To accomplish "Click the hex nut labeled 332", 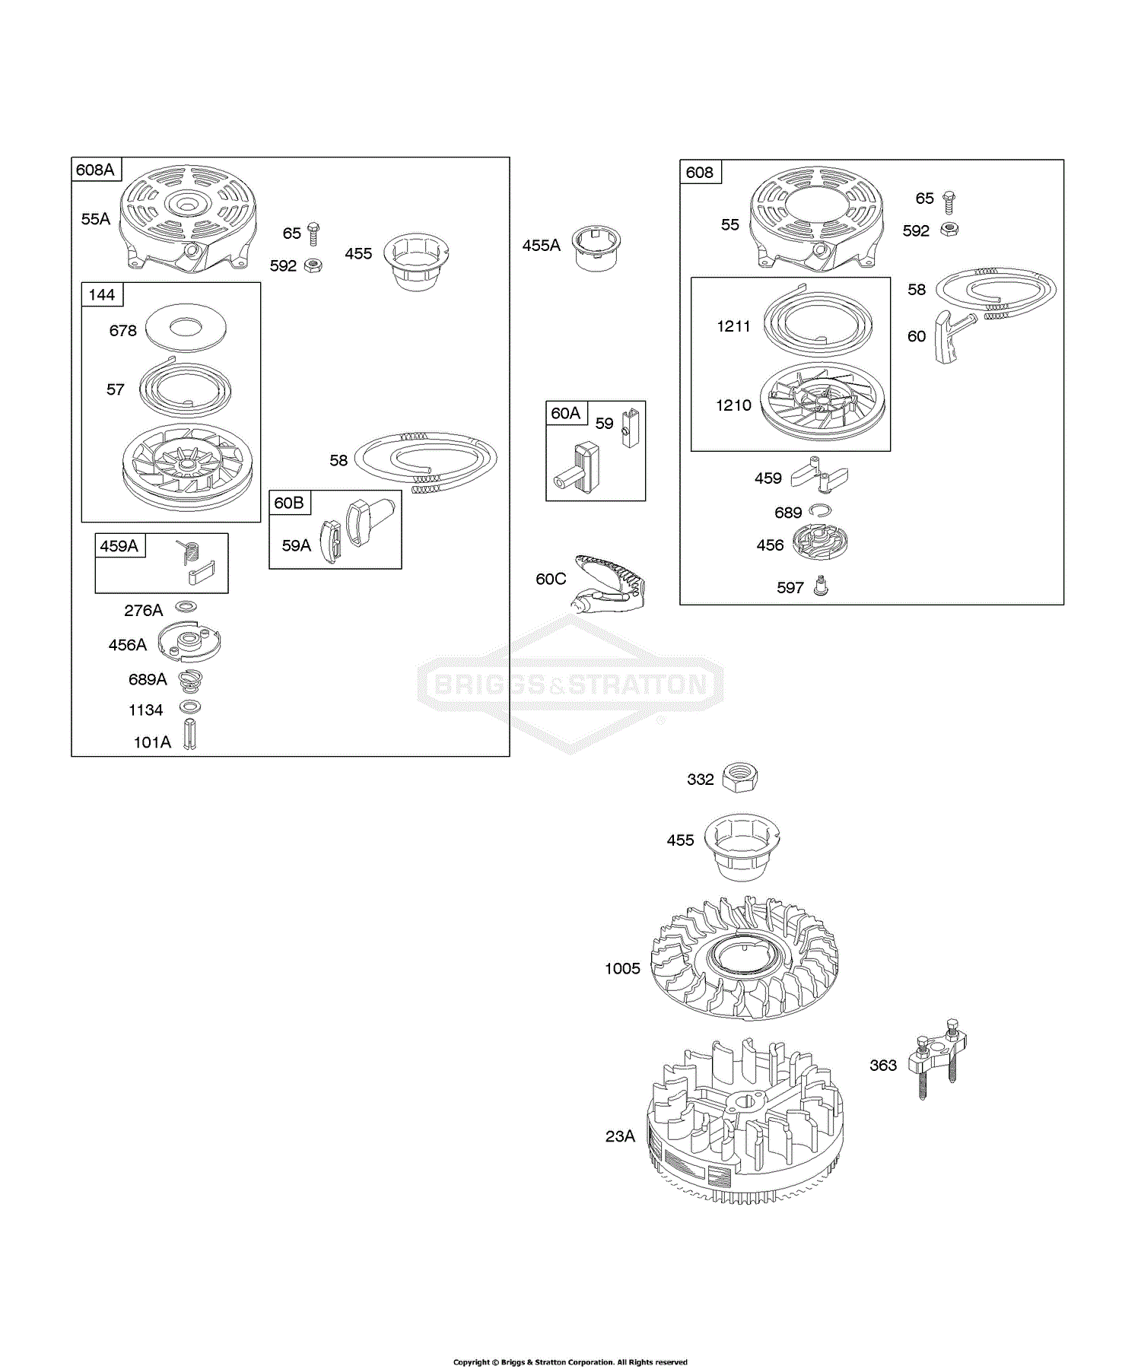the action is click(739, 777).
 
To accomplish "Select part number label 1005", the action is click(622, 968).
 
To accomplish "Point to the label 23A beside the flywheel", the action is click(620, 1136).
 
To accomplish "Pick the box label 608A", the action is click(95, 170).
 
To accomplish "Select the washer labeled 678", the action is click(186, 328).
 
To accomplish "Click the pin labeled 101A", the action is click(189, 735).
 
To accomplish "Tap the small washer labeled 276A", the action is click(186, 606).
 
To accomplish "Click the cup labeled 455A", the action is click(596, 248).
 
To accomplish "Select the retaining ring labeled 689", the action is click(820, 510).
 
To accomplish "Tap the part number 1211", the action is click(733, 326).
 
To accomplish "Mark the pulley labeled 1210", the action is click(822, 403).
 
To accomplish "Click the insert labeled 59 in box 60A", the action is click(631, 427).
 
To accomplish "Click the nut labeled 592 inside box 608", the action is click(949, 229).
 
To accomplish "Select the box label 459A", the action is click(119, 546).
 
